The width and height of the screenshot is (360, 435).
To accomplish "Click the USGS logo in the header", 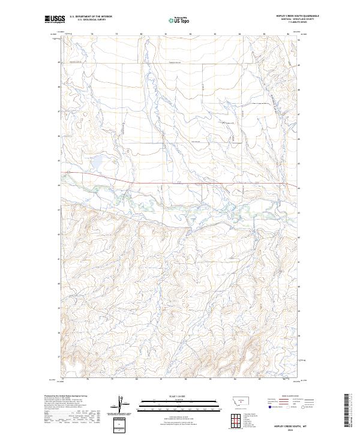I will (x=54, y=20).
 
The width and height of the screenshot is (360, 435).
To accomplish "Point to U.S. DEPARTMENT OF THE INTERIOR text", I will (x=91, y=17).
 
